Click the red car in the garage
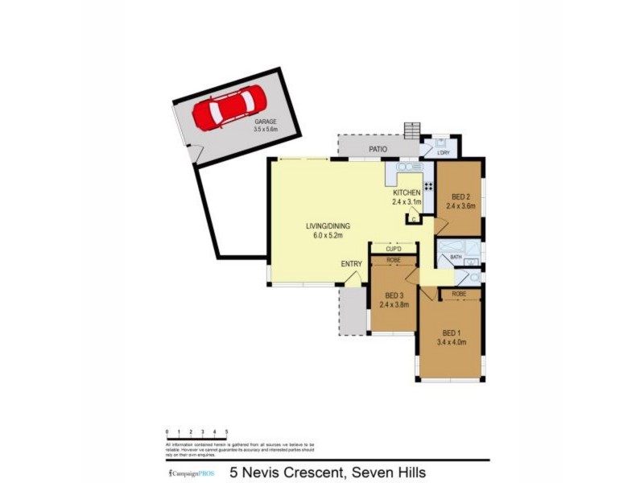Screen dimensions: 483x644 click(x=229, y=108)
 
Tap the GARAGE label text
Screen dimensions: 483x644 click(x=265, y=122)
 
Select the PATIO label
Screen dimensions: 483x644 click(x=378, y=150)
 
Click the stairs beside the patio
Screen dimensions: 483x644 click(x=412, y=131)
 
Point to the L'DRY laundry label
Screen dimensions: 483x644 click(x=443, y=152)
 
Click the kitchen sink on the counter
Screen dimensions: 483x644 click(x=410, y=167)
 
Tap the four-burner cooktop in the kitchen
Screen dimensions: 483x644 click(x=428, y=187)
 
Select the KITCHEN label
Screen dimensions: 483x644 click(x=407, y=193)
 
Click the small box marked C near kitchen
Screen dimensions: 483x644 click(x=412, y=218)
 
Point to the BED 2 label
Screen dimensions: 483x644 click(x=460, y=196)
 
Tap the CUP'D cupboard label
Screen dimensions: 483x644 click(x=394, y=249)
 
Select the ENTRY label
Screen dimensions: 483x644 click(x=351, y=264)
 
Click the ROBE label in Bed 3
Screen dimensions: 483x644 click(x=394, y=261)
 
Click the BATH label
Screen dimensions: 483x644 click(x=456, y=258)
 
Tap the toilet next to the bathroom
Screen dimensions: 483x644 click(x=474, y=278)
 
